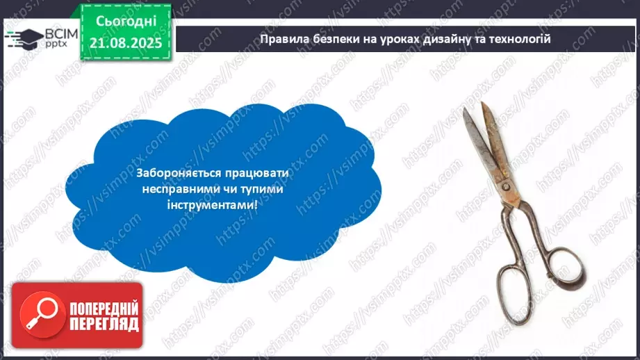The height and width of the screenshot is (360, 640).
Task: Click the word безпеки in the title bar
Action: click(334, 39)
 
